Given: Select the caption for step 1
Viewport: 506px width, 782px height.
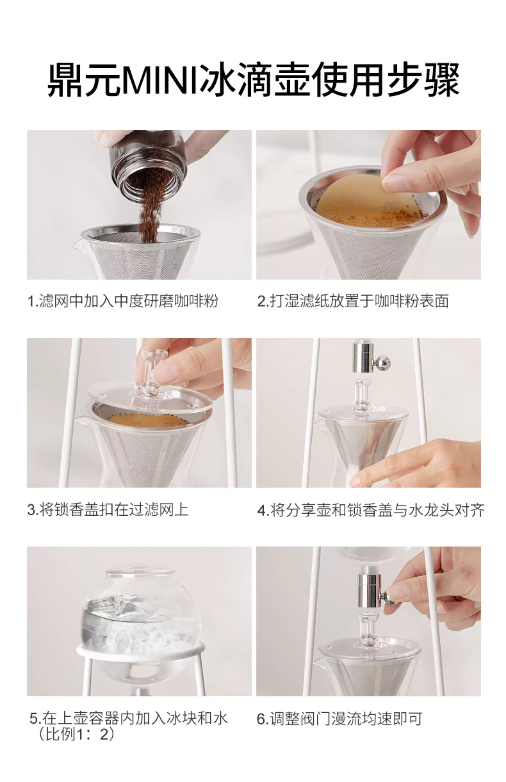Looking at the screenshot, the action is pyautogui.click(x=123, y=301).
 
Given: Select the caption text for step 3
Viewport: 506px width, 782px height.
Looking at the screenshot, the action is pyautogui.click(x=108, y=509).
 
